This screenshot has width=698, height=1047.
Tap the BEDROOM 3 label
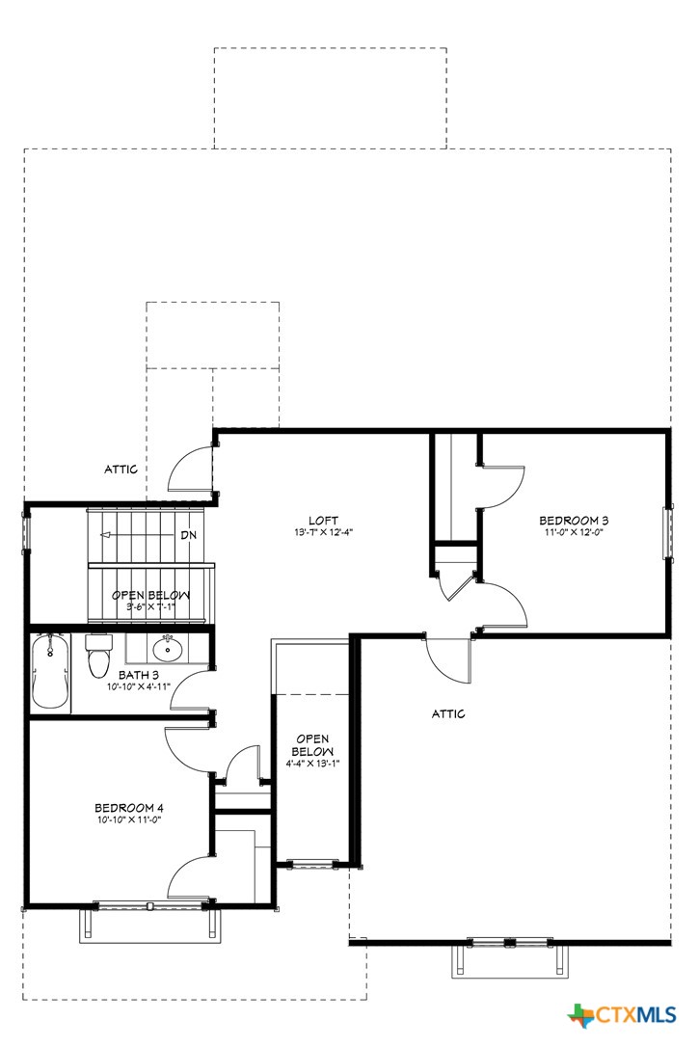click(573, 521)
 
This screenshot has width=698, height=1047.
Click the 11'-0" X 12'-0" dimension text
click(573, 533)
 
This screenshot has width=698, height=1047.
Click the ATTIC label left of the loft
click(121, 470)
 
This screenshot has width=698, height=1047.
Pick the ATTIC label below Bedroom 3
click(447, 714)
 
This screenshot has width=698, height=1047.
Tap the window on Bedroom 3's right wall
click(664, 532)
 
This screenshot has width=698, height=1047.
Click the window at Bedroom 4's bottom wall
click(151, 905)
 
